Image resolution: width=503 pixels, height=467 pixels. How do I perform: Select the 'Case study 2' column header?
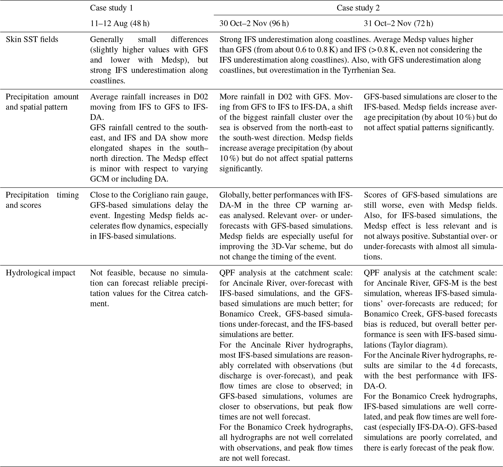[x=358, y=8]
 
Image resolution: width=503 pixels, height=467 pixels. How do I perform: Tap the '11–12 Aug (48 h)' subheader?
[x=120, y=24]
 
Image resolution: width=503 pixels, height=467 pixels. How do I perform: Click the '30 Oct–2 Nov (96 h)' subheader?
[x=254, y=24]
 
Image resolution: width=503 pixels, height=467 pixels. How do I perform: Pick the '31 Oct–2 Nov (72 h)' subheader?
[x=398, y=24]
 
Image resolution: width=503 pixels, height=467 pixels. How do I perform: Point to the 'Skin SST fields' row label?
[x=32, y=39]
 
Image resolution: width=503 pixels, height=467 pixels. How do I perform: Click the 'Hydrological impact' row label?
[x=40, y=273]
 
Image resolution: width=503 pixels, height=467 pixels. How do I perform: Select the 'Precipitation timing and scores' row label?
[x=42, y=200]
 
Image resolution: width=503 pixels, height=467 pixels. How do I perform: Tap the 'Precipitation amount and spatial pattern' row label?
[x=42, y=102]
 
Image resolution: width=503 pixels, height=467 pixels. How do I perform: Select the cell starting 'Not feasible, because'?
[x=149, y=288]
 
